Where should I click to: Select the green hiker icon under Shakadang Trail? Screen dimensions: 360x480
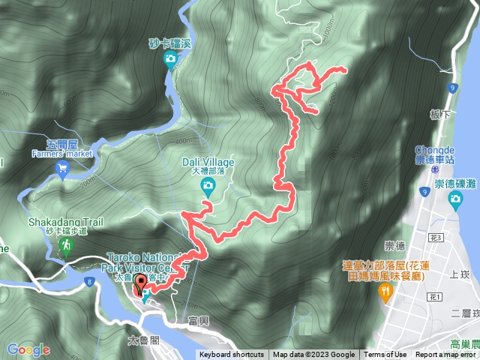[x=67, y=245]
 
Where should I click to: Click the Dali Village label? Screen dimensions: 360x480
[x=208, y=162]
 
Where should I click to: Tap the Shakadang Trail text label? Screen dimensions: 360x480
[x=64, y=222]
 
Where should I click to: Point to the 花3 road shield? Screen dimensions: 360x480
[x=436, y=237]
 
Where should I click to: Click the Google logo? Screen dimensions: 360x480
[x=28, y=349]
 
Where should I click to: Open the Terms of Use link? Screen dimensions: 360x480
[x=385, y=355]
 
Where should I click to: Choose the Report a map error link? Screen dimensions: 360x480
[x=445, y=355]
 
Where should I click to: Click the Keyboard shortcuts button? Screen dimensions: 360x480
[x=231, y=355]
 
